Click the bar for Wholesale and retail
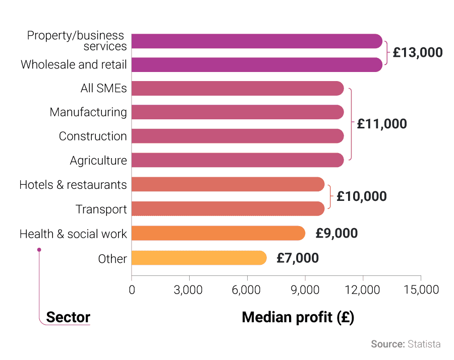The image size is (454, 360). click(257, 64)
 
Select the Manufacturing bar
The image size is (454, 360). click(238, 112)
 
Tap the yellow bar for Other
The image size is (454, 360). click(199, 258)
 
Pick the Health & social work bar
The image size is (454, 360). click(218, 233)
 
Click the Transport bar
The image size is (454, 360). click(228, 209)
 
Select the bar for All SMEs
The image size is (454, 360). click(238, 89)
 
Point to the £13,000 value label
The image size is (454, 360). click(417, 52)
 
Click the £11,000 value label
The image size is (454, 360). click(381, 124)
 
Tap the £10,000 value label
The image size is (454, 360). click(361, 196)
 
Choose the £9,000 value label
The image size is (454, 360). click(336, 233)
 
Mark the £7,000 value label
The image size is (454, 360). click(298, 258)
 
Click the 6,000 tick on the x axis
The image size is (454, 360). click(247, 290)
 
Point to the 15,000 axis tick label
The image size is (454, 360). click(421, 290)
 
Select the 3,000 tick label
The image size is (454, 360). click(189, 290)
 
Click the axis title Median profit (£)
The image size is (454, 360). click(298, 317)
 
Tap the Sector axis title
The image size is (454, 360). click(68, 317)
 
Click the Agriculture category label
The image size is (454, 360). click(98, 161)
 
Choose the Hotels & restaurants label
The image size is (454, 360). click(73, 185)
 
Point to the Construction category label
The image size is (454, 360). click(93, 136)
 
